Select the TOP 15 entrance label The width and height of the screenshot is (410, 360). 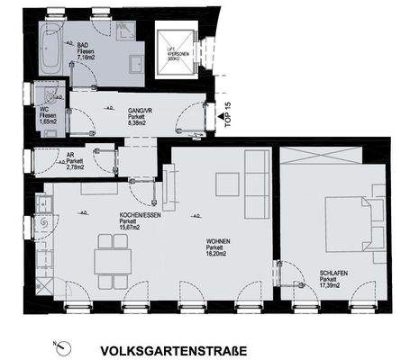227,116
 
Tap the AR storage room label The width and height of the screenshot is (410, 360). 68,154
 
